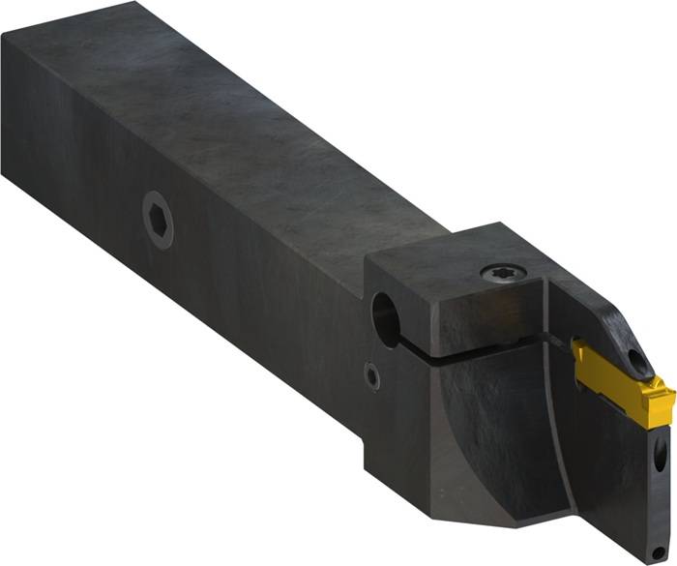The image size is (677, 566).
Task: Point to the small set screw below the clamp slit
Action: tap(372, 374)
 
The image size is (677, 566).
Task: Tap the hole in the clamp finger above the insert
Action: tap(637, 359)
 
